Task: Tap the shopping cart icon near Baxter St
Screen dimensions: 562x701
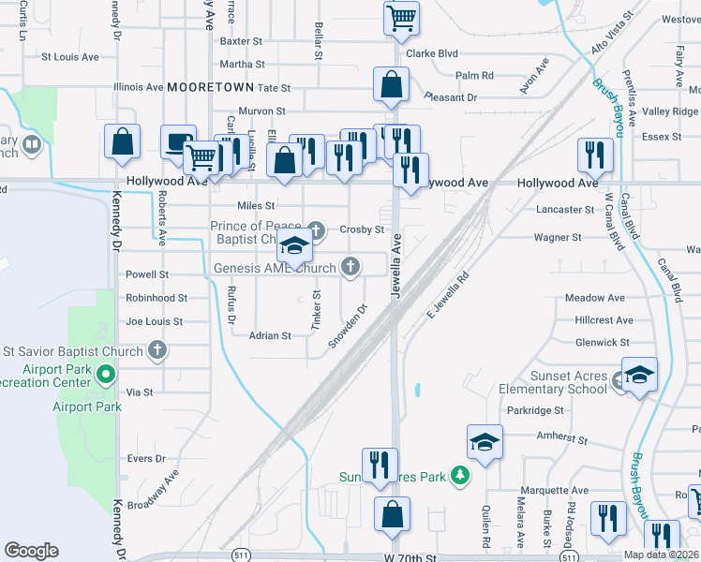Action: coord(401,18)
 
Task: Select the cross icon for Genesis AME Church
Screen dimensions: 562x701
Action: coord(351,269)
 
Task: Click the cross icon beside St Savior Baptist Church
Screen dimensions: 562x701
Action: coord(157,351)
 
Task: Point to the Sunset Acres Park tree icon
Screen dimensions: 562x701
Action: coord(459,476)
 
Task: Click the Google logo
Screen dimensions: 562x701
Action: coord(31,551)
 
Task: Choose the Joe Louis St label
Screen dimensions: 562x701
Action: coord(154,321)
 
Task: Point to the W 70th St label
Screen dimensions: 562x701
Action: coord(410,557)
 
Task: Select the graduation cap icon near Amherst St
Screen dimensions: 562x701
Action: coord(485,442)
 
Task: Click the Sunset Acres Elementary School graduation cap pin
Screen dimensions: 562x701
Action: coord(639,375)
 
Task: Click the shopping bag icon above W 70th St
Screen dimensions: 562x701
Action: coord(392,514)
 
